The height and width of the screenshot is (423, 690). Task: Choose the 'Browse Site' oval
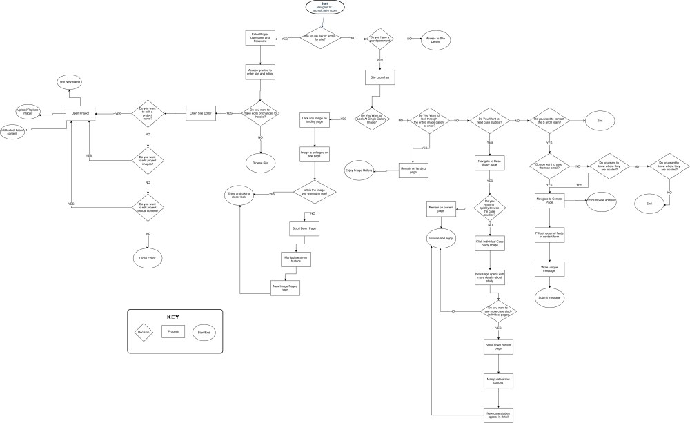(x=260, y=162)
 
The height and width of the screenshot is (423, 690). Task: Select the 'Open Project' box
(x=79, y=113)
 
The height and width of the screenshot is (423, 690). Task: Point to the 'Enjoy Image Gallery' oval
(x=359, y=169)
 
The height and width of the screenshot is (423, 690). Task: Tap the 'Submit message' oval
(x=549, y=297)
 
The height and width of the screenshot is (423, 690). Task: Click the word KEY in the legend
(x=173, y=317)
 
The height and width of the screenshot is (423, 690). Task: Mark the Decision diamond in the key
(x=143, y=332)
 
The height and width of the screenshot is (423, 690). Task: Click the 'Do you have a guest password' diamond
(x=379, y=40)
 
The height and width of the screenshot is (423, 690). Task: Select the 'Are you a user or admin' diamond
(x=319, y=38)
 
